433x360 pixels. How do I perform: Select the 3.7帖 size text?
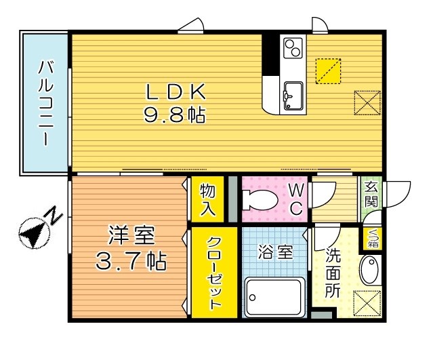pyautogui.click(x=133, y=260)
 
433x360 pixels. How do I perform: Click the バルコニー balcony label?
pyautogui.click(x=45, y=102)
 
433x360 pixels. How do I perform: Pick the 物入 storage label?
pyautogui.click(x=208, y=199)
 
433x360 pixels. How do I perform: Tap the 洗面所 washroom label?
pyautogui.click(x=333, y=274)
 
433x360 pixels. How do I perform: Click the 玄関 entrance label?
pyautogui.click(x=372, y=195)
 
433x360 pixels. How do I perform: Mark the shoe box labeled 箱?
pyautogui.click(x=372, y=238)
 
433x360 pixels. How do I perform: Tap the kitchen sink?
pyautogui.click(x=293, y=94)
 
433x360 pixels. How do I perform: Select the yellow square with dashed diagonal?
pyautogui.click(x=327, y=70)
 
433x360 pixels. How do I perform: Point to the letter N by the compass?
pyautogui.click(x=54, y=216)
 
